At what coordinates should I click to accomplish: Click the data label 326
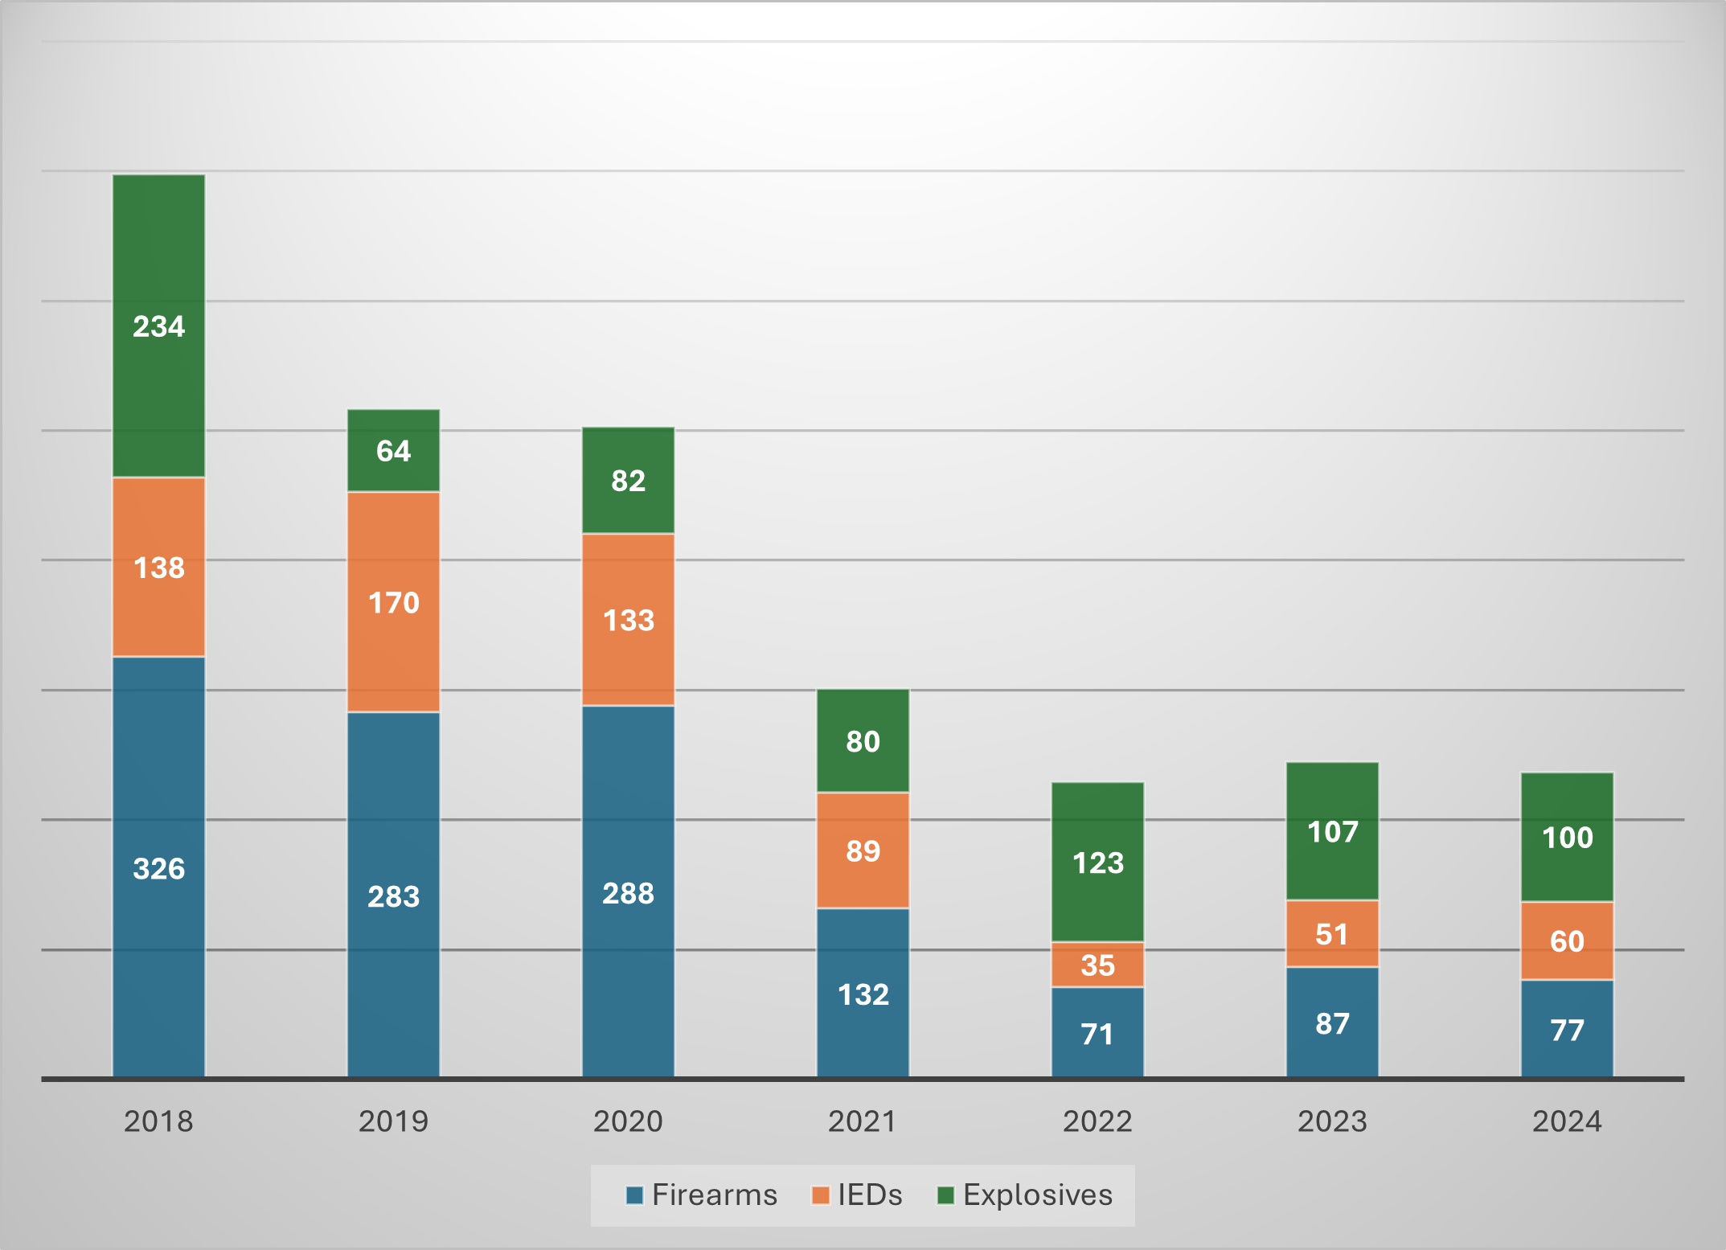click(158, 869)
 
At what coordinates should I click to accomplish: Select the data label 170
click(393, 603)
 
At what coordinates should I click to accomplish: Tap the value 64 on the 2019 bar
click(393, 451)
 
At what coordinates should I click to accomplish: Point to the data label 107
click(1332, 832)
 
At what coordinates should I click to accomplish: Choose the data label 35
click(1097, 965)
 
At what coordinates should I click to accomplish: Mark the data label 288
click(628, 893)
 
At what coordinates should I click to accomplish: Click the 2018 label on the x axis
click(158, 1121)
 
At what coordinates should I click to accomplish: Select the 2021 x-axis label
click(863, 1121)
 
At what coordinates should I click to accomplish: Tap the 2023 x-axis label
click(1332, 1121)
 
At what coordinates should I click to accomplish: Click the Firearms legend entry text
click(714, 1195)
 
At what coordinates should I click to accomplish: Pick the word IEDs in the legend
click(870, 1195)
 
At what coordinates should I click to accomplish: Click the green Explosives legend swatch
click(945, 1195)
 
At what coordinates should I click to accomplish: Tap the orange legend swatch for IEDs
click(820, 1195)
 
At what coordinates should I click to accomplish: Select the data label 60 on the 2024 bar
click(1567, 941)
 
